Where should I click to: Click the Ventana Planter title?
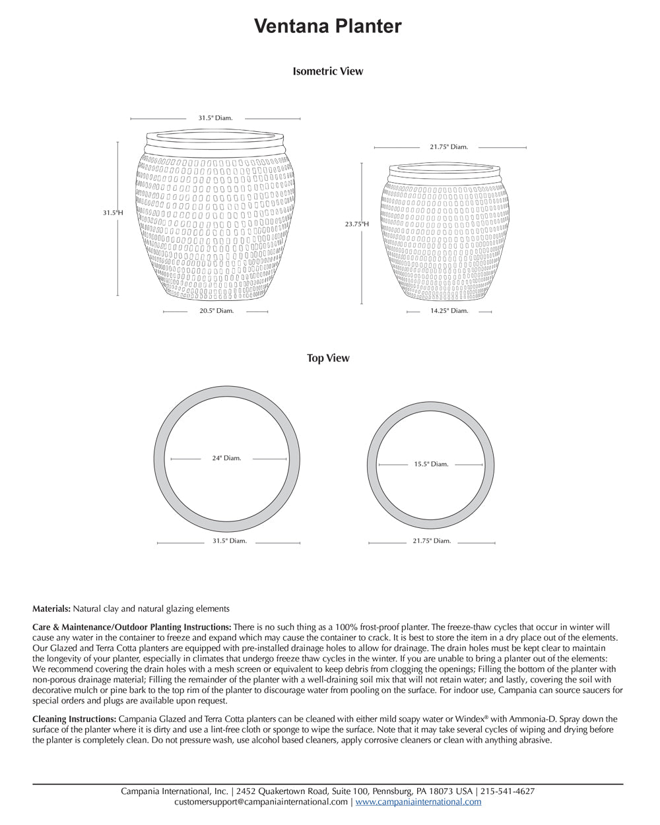click(x=328, y=26)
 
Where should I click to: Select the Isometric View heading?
click(x=328, y=71)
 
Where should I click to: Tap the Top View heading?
click(x=328, y=358)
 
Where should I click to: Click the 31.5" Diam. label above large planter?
click(x=215, y=118)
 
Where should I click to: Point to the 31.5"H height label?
click(x=113, y=213)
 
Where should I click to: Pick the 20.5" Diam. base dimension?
click(x=216, y=310)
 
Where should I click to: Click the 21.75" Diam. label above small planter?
click(x=449, y=147)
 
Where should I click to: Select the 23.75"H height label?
click(x=357, y=224)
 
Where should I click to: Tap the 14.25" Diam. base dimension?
click(x=449, y=310)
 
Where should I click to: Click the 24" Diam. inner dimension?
click(x=226, y=458)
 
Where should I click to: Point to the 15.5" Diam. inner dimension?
click(x=431, y=464)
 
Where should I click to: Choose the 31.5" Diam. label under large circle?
click(x=229, y=541)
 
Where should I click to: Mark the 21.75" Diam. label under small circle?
click(x=432, y=541)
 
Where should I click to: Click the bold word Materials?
click(x=51, y=609)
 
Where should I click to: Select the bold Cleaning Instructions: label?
click(x=75, y=719)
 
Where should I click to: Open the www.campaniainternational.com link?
click(x=418, y=802)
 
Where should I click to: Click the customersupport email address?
click(x=261, y=802)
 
